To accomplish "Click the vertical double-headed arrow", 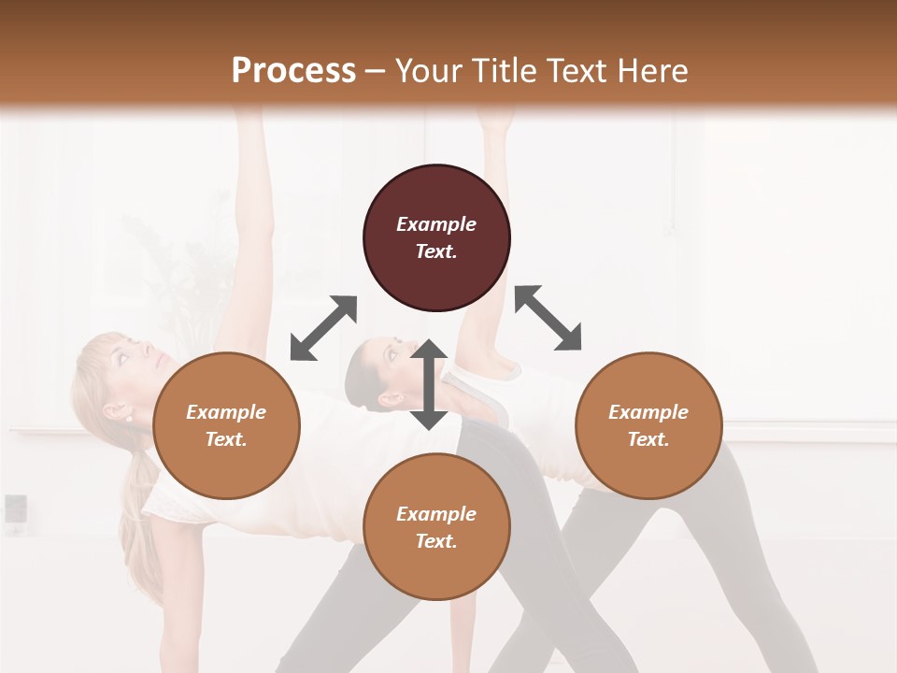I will (x=429, y=384).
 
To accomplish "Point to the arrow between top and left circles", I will (x=323, y=328).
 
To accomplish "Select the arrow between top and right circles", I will (x=548, y=318).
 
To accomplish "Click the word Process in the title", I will (x=293, y=70).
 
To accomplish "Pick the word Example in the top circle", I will (x=436, y=224).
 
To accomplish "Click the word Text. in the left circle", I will (x=226, y=439).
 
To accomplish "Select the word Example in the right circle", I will (x=648, y=412).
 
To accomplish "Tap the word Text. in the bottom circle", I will (x=436, y=541).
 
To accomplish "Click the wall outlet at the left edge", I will (x=15, y=509).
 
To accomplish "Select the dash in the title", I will (x=376, y=71).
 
